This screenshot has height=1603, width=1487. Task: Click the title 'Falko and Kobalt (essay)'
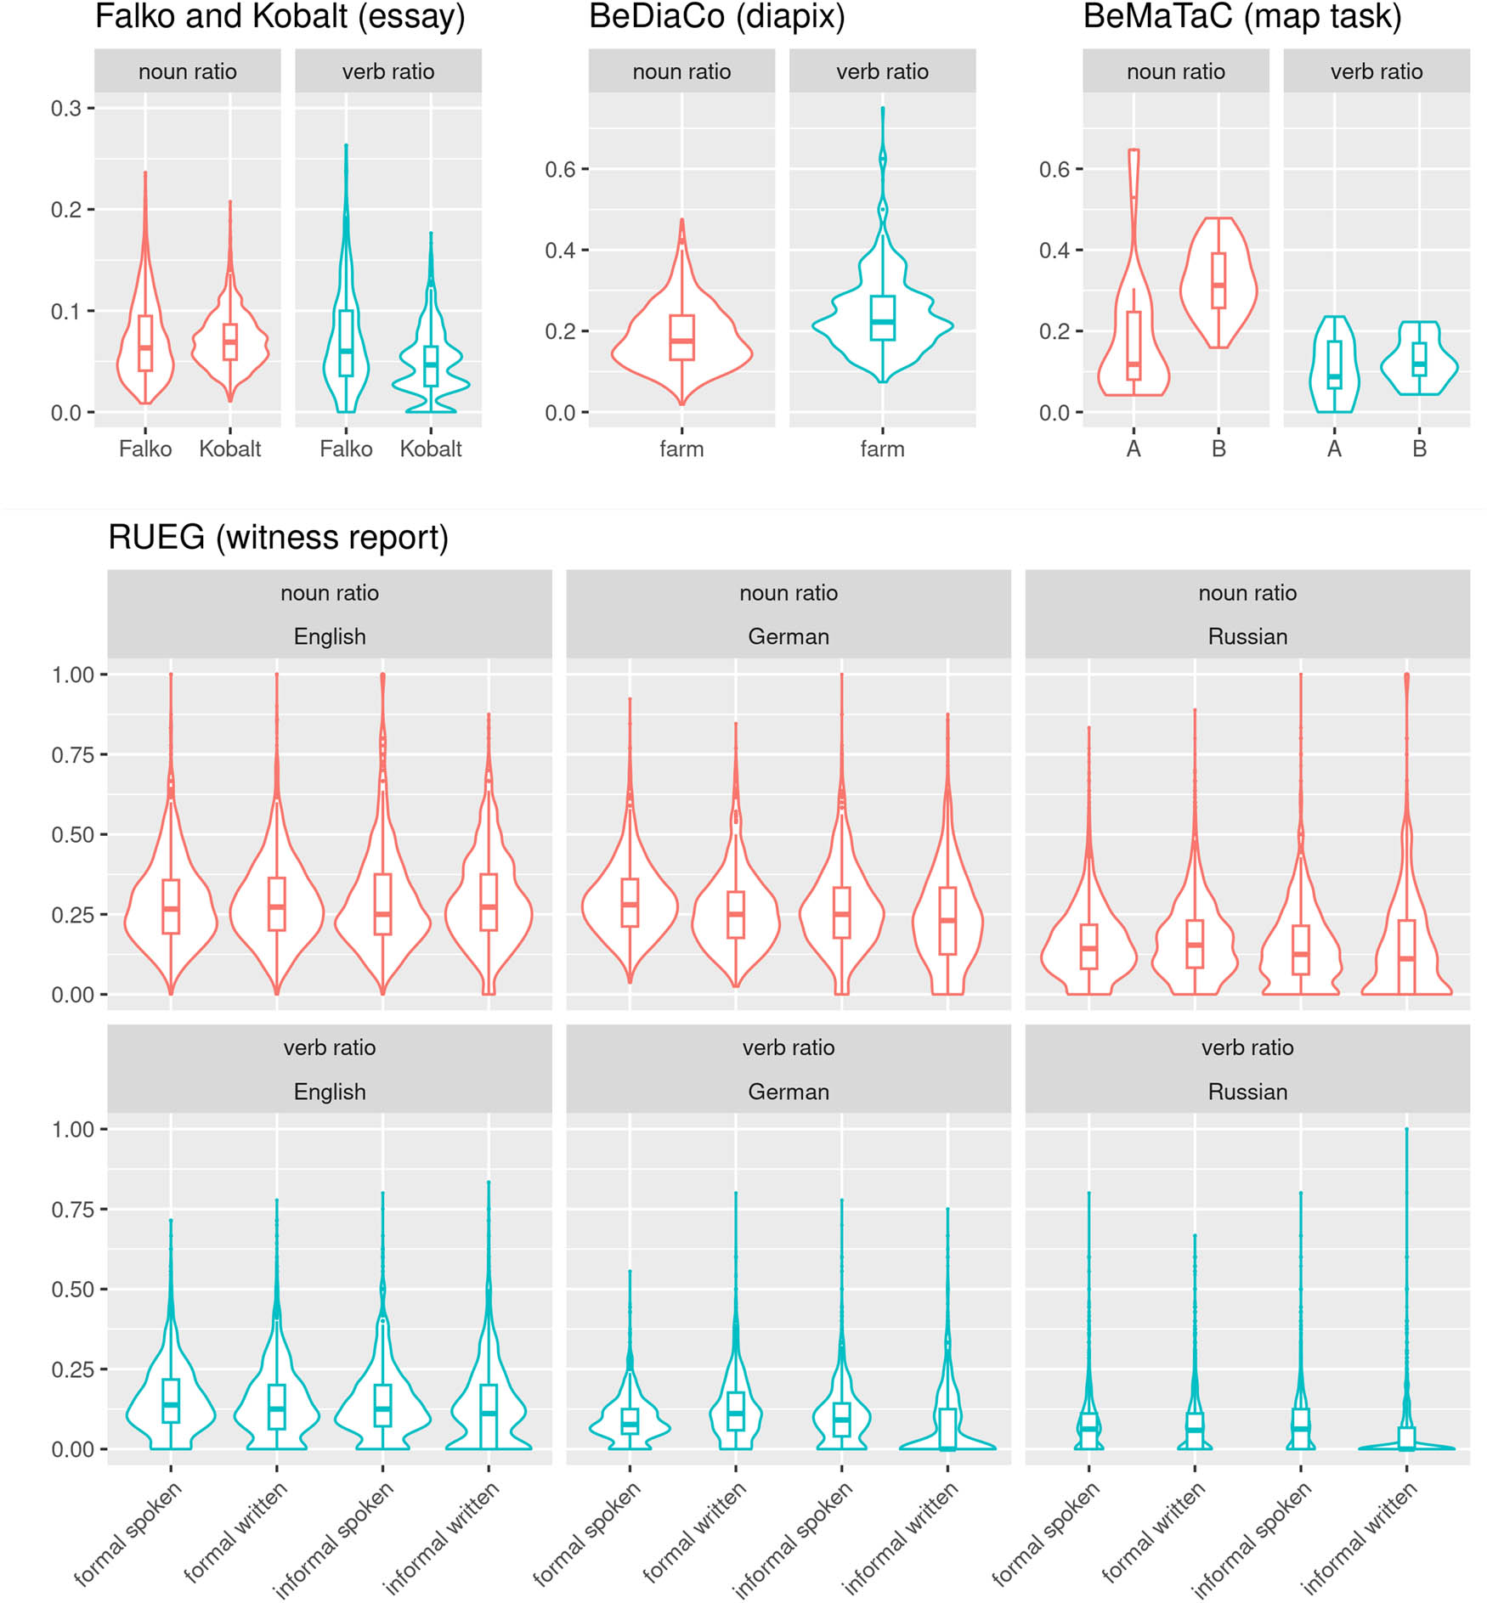pyautogui.click(x=280, y=17)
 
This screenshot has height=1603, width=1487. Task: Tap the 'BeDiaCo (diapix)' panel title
pyautogui.click(x=716, y=17)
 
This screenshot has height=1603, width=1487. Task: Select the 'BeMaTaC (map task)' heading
pyautogui.click(x=1241, y=17)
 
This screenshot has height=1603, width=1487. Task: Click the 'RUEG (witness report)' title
pyautogui.click(x=278, y=538)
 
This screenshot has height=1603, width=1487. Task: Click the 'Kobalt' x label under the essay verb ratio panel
pyautogui.click(x=431, y=449)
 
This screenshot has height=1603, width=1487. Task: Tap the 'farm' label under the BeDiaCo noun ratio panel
pyautogui.click(x=681, y=449)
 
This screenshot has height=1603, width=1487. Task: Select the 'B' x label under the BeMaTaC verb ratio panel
pyautogui.click(x=1419, y=449)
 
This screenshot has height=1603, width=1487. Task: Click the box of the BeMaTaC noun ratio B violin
pyautogui.click(x=1218, y=280)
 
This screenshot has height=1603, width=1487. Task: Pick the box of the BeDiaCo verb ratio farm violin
pyautogui.click(x=882, y=318)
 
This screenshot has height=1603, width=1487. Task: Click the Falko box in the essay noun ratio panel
pyautogui.click(x=145, y=343)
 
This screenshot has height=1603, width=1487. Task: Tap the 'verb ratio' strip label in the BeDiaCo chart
pyautogui.click(x=882, y=72)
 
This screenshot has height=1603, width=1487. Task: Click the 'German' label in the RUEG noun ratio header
pyautogui.click(x=788, y=636)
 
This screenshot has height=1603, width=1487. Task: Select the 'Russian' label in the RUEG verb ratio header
pyautogui.click(x=1247, y=1092)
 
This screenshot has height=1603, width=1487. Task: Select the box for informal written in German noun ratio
pyautogui.click(x=947, y=921)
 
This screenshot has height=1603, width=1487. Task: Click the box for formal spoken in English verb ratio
pyautogui.click(x=171, y=1400)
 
